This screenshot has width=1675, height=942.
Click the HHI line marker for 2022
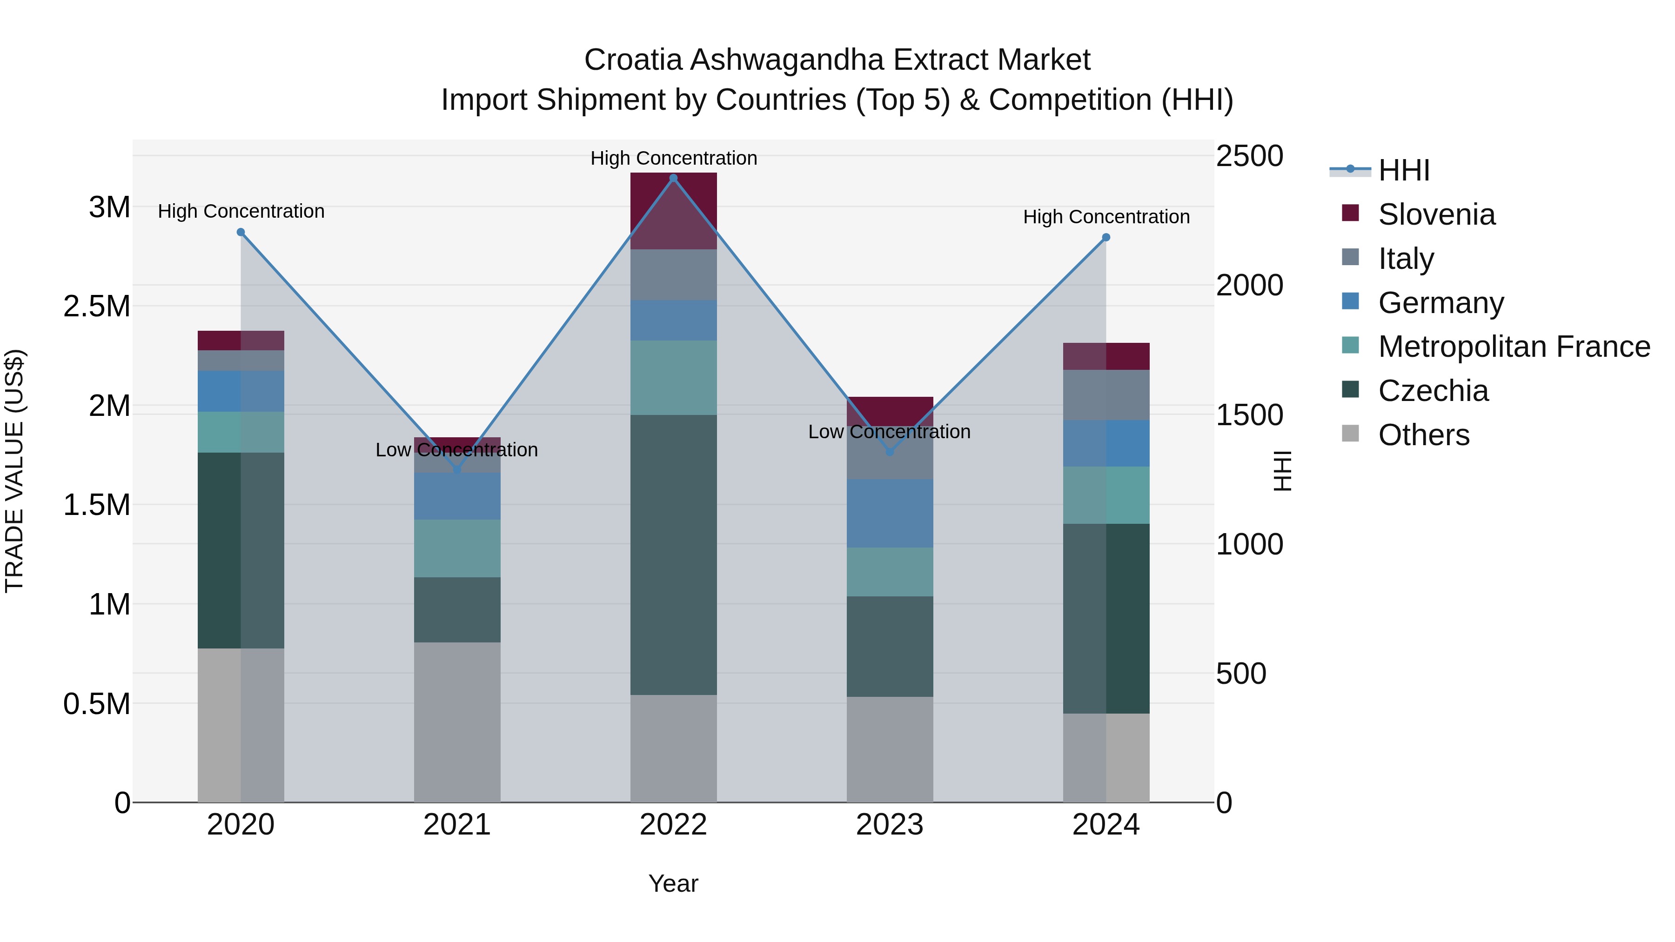tap(673, 178)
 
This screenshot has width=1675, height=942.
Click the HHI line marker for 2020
tap(241, 232)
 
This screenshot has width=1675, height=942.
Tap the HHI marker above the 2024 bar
tap(1106, 238)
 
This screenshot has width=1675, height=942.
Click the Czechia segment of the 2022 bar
tap(673, 555)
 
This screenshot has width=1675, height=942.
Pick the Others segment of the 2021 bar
tap(457, 722)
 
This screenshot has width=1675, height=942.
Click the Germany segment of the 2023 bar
tap(890, 514)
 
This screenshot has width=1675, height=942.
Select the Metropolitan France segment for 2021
tap(457, 548)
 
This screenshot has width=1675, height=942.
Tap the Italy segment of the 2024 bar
tap(1106, 394)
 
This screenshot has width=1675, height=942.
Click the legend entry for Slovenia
tap(1436, 214)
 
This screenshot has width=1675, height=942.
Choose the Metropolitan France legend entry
tap(1513, 347)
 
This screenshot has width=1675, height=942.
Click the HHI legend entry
tap(1403, 170)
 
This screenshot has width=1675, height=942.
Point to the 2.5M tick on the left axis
tap(97, 306)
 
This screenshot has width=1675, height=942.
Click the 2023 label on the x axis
tap(890, 825)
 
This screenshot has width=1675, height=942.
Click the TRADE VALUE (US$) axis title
tap(14, 471)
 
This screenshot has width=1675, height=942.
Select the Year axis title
tap(673, 883)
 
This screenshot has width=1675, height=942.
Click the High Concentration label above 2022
tap(673, 158)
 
